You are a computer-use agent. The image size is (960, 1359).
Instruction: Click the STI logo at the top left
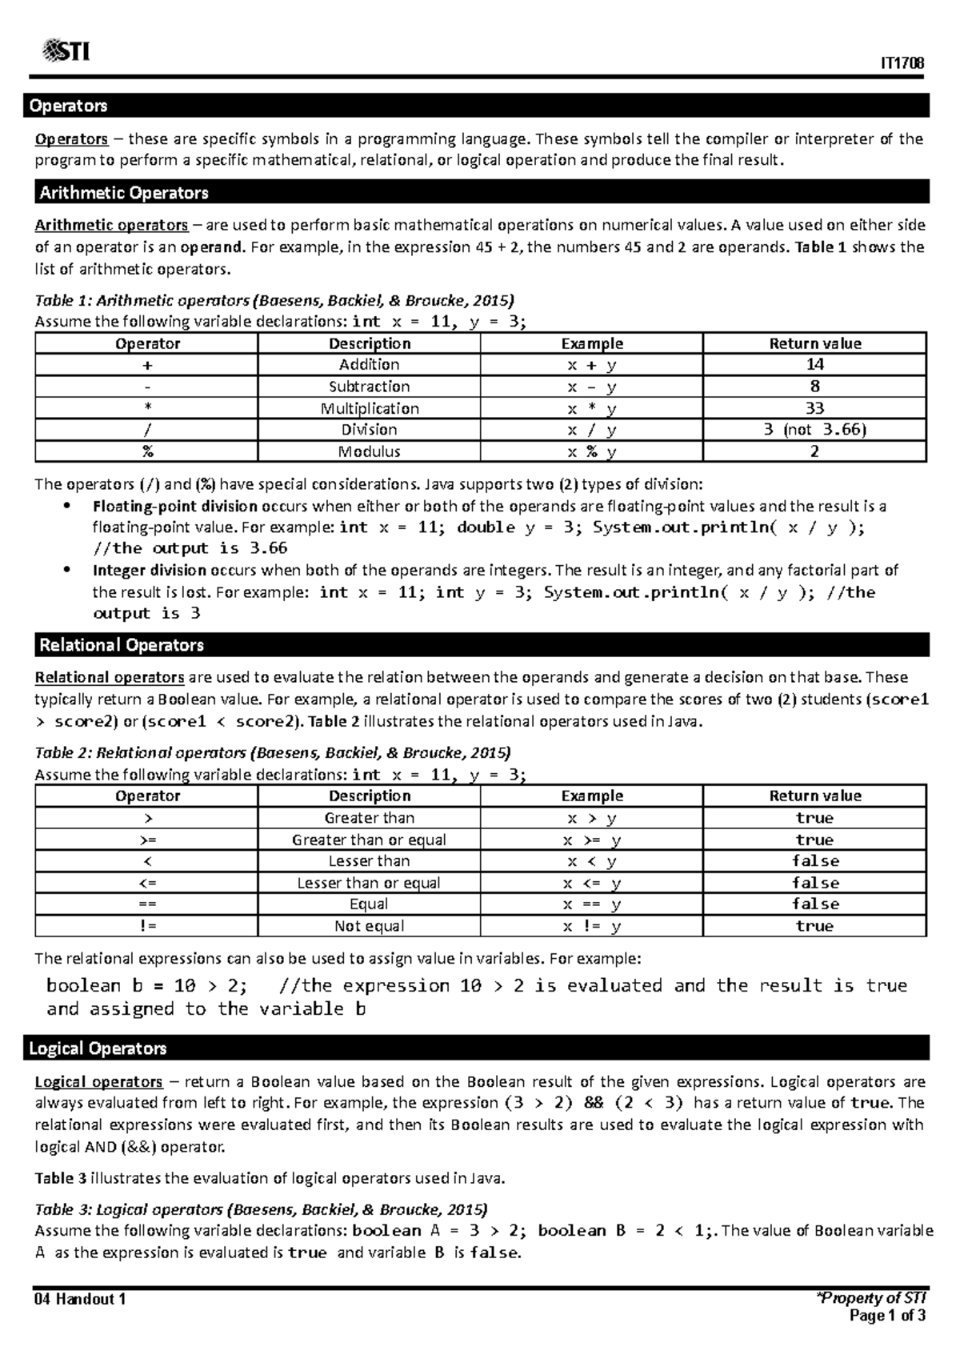click(x=66, y=52)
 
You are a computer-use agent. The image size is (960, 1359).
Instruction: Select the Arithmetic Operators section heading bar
click(x=124, y=193)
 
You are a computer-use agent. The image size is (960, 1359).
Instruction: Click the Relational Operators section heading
click(x=122, y=645)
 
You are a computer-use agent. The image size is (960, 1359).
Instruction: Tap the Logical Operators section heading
click(x=98, y=1048)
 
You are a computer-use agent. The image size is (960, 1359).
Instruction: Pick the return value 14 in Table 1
click(x=814, y=365)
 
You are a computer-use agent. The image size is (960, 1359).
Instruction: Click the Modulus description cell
click(x=369, y=451)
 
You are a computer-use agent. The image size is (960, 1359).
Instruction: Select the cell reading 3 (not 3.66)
click(x=814, y=430)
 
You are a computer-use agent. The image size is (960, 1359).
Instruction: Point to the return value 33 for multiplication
click(x=814, y=408)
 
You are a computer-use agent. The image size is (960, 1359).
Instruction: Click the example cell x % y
click(x=591, y=451)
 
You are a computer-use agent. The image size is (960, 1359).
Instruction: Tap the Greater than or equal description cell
click(x=369, y=840)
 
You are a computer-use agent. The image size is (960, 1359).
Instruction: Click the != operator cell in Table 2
click(x=147, y=926)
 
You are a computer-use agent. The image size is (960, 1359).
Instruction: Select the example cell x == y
click(x=591, y=904)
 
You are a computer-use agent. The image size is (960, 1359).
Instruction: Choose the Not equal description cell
click(x=369, y=926)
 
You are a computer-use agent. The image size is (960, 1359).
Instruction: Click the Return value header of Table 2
click(x=814, y=796)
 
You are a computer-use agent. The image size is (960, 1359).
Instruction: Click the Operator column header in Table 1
click(x=147, y=343)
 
